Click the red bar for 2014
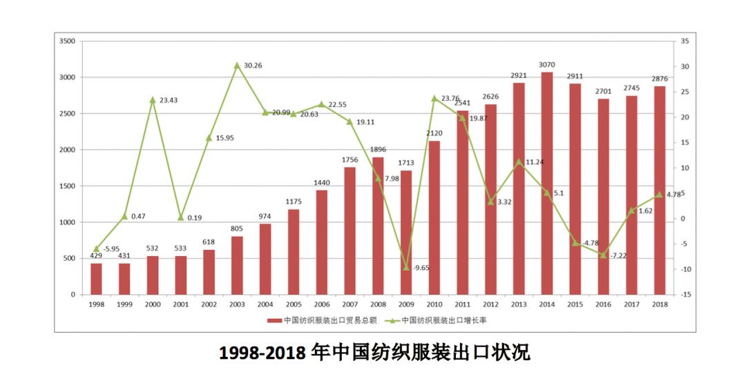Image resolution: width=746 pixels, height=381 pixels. (x=547, y=183)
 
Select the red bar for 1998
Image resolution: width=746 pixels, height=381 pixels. (x=96, y=279)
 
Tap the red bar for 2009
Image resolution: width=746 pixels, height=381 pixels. (x=406, y=232)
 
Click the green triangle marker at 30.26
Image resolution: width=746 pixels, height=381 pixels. (x=237, y=66)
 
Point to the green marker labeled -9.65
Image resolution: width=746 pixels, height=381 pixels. (x=406, y=267)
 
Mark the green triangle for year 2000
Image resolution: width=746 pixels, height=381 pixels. (x=153, y=100)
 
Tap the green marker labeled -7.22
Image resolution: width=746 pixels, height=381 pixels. (x=603, y=255)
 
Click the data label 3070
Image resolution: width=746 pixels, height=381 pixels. (x=547, y=64)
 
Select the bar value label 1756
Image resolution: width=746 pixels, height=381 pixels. (x=350, y=159)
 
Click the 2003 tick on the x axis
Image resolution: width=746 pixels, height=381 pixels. (x=237, y=304)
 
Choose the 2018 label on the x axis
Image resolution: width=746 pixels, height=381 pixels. (x=660, y=304)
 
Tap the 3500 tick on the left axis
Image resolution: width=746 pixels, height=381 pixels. (x=67, y=41)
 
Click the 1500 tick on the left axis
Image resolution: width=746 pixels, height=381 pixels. (x=67, y=186)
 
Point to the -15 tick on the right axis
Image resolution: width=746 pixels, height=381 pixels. (x=685, y=295)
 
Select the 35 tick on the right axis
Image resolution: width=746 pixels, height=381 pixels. (x=684, y=41)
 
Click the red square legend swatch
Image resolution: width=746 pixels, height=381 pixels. (x=271, y=320)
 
